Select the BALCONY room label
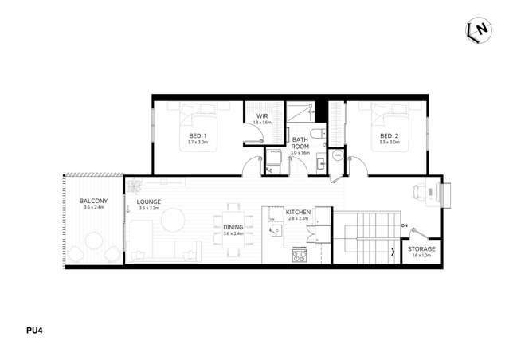click(x=94, y=201)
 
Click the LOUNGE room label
click(x=148, y=202)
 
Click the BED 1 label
click(x=198, y=136)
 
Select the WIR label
click(x=262, y=117)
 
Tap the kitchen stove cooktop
click(x=300, y=255)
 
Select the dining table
click(x=233, y=231)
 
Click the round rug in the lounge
click(x=170, y=219)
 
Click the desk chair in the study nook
click(x=420, y=191)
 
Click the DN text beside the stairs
click(x=405, y=225)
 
